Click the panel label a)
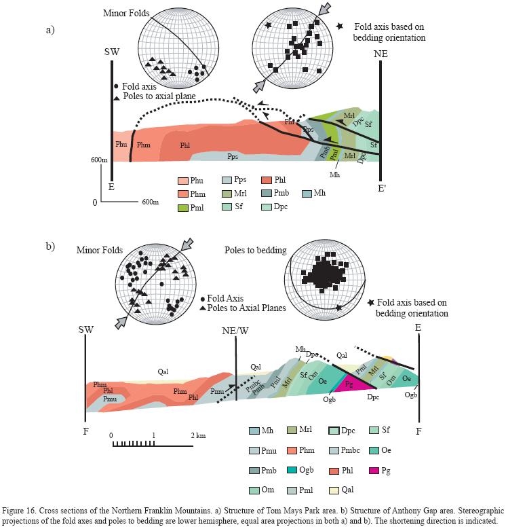(50, 29)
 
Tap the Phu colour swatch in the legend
(182, 181)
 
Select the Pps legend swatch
(227, 181)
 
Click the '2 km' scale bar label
(197, 435)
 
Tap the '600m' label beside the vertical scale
(100, 160)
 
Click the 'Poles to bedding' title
(253, 250)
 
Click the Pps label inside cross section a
(232, 156)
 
